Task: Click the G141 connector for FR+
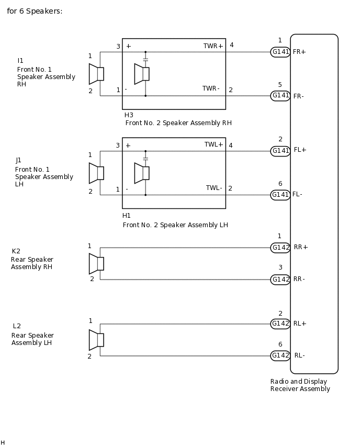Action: click(280, 52)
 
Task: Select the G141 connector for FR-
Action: click(280, 96)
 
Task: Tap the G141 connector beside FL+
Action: click(280, 151)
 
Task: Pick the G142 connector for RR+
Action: click(280, 248)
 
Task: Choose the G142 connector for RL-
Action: click(280, 356)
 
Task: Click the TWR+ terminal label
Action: click(213, 46)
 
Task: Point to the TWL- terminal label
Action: click(214, 188)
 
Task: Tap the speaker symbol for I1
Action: click(96, 74)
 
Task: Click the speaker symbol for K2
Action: click(96, 263)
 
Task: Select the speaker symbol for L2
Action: click(96, 340)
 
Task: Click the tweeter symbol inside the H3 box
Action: click(142, 74)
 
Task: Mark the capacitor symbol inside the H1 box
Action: click(145, 157)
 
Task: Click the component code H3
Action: click(129, 115)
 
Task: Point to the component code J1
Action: click(19, 160)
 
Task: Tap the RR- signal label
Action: click(299, 279)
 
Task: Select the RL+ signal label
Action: click(300, 324)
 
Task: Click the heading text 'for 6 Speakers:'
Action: click(35, 11)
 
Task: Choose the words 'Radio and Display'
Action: click(299, 382)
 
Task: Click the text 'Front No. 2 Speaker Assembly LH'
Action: click(175, 225)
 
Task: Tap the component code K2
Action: click(16, 251)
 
